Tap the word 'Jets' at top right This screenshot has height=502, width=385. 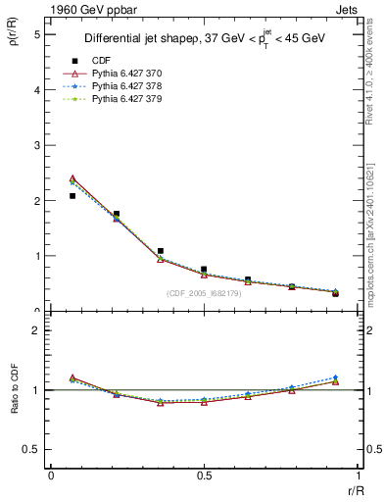pyautogui.click(x=344, y=11)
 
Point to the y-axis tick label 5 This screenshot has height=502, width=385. pyautogui.click(x=36, y=34)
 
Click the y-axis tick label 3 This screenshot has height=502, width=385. pyautogui.click(x=36, y=145)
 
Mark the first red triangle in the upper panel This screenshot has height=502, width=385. pyautogui.click(x=72, y=178)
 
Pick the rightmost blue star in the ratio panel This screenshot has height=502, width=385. pyautogui.click(x=335, y=377)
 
